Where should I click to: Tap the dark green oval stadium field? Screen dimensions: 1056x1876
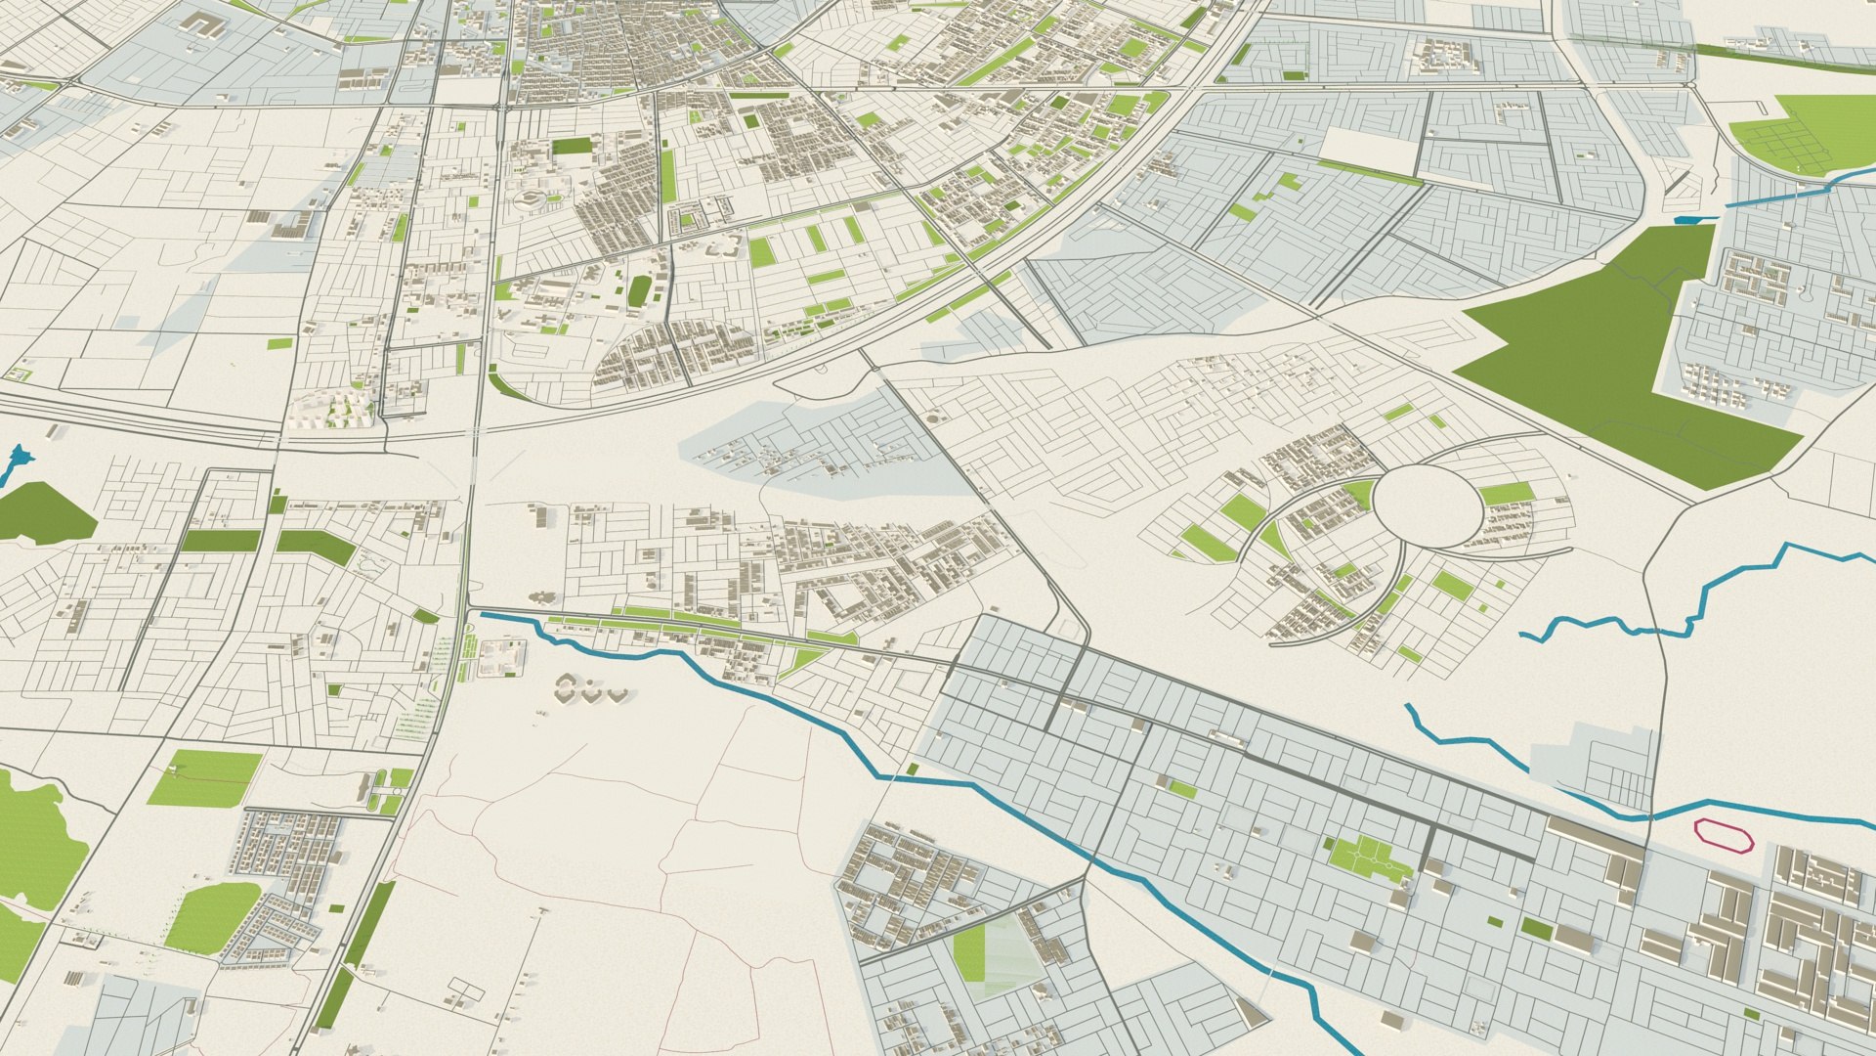pos(640,289)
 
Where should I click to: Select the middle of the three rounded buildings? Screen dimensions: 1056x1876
pos(592,691)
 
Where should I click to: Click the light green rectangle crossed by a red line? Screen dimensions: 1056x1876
pos(205,777)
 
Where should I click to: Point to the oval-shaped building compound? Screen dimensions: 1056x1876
pos(531,200)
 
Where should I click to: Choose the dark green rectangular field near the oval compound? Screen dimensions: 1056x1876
pos(573,147)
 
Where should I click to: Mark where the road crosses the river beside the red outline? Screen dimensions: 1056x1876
pos(1649,815)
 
